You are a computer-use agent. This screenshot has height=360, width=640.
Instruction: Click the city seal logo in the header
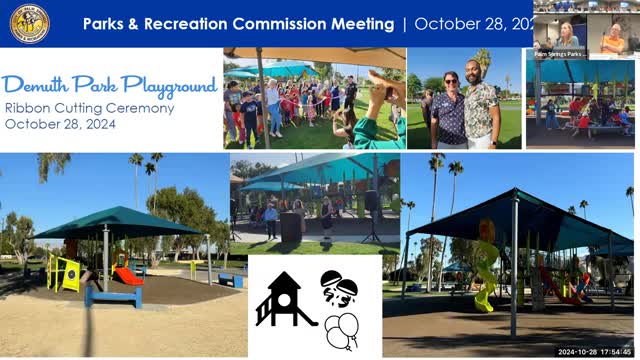(x=30, y=23)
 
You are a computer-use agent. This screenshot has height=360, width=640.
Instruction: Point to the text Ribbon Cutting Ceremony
(x=89, y=108)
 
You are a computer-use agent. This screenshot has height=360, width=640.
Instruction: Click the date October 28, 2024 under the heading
(x=60, y=124)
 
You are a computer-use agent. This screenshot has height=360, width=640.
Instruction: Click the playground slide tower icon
(x=284, y=299)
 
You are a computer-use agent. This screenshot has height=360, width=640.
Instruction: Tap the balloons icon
(x=342, y=329)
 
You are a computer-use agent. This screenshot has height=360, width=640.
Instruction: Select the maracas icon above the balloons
(x=340, y=287)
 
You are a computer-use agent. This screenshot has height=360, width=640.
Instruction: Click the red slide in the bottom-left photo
(x=127, y=275)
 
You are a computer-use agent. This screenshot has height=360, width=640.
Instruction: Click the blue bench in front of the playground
(x=112, y=296)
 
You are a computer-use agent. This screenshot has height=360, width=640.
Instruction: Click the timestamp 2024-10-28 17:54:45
(x=594, y=352)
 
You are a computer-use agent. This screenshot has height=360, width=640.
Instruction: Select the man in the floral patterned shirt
(x=481, y=111)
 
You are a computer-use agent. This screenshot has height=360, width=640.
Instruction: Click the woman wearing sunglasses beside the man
(x=447, y=110)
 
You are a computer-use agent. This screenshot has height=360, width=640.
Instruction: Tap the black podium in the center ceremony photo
(x=291, y=226)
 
